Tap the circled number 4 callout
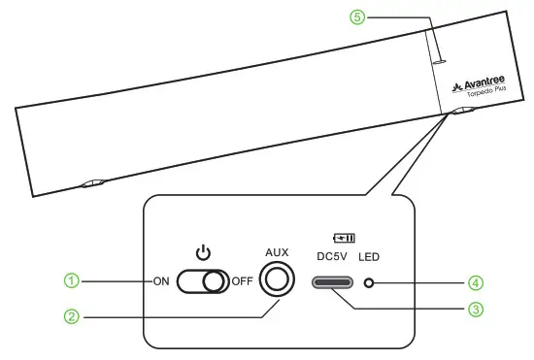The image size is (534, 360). click(x=476, y=282)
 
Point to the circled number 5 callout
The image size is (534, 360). click(x=357, y=16)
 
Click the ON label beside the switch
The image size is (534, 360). click(x=162, y=282)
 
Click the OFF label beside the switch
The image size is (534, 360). click(x=242, y=282)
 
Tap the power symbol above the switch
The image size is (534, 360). click(x=202, y=253)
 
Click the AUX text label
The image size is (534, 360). click(x=278, y=251)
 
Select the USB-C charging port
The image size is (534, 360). click(x=333, y=282)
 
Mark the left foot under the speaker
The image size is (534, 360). click(x=93, y=182)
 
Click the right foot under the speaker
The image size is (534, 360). click(x=461, y=112)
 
